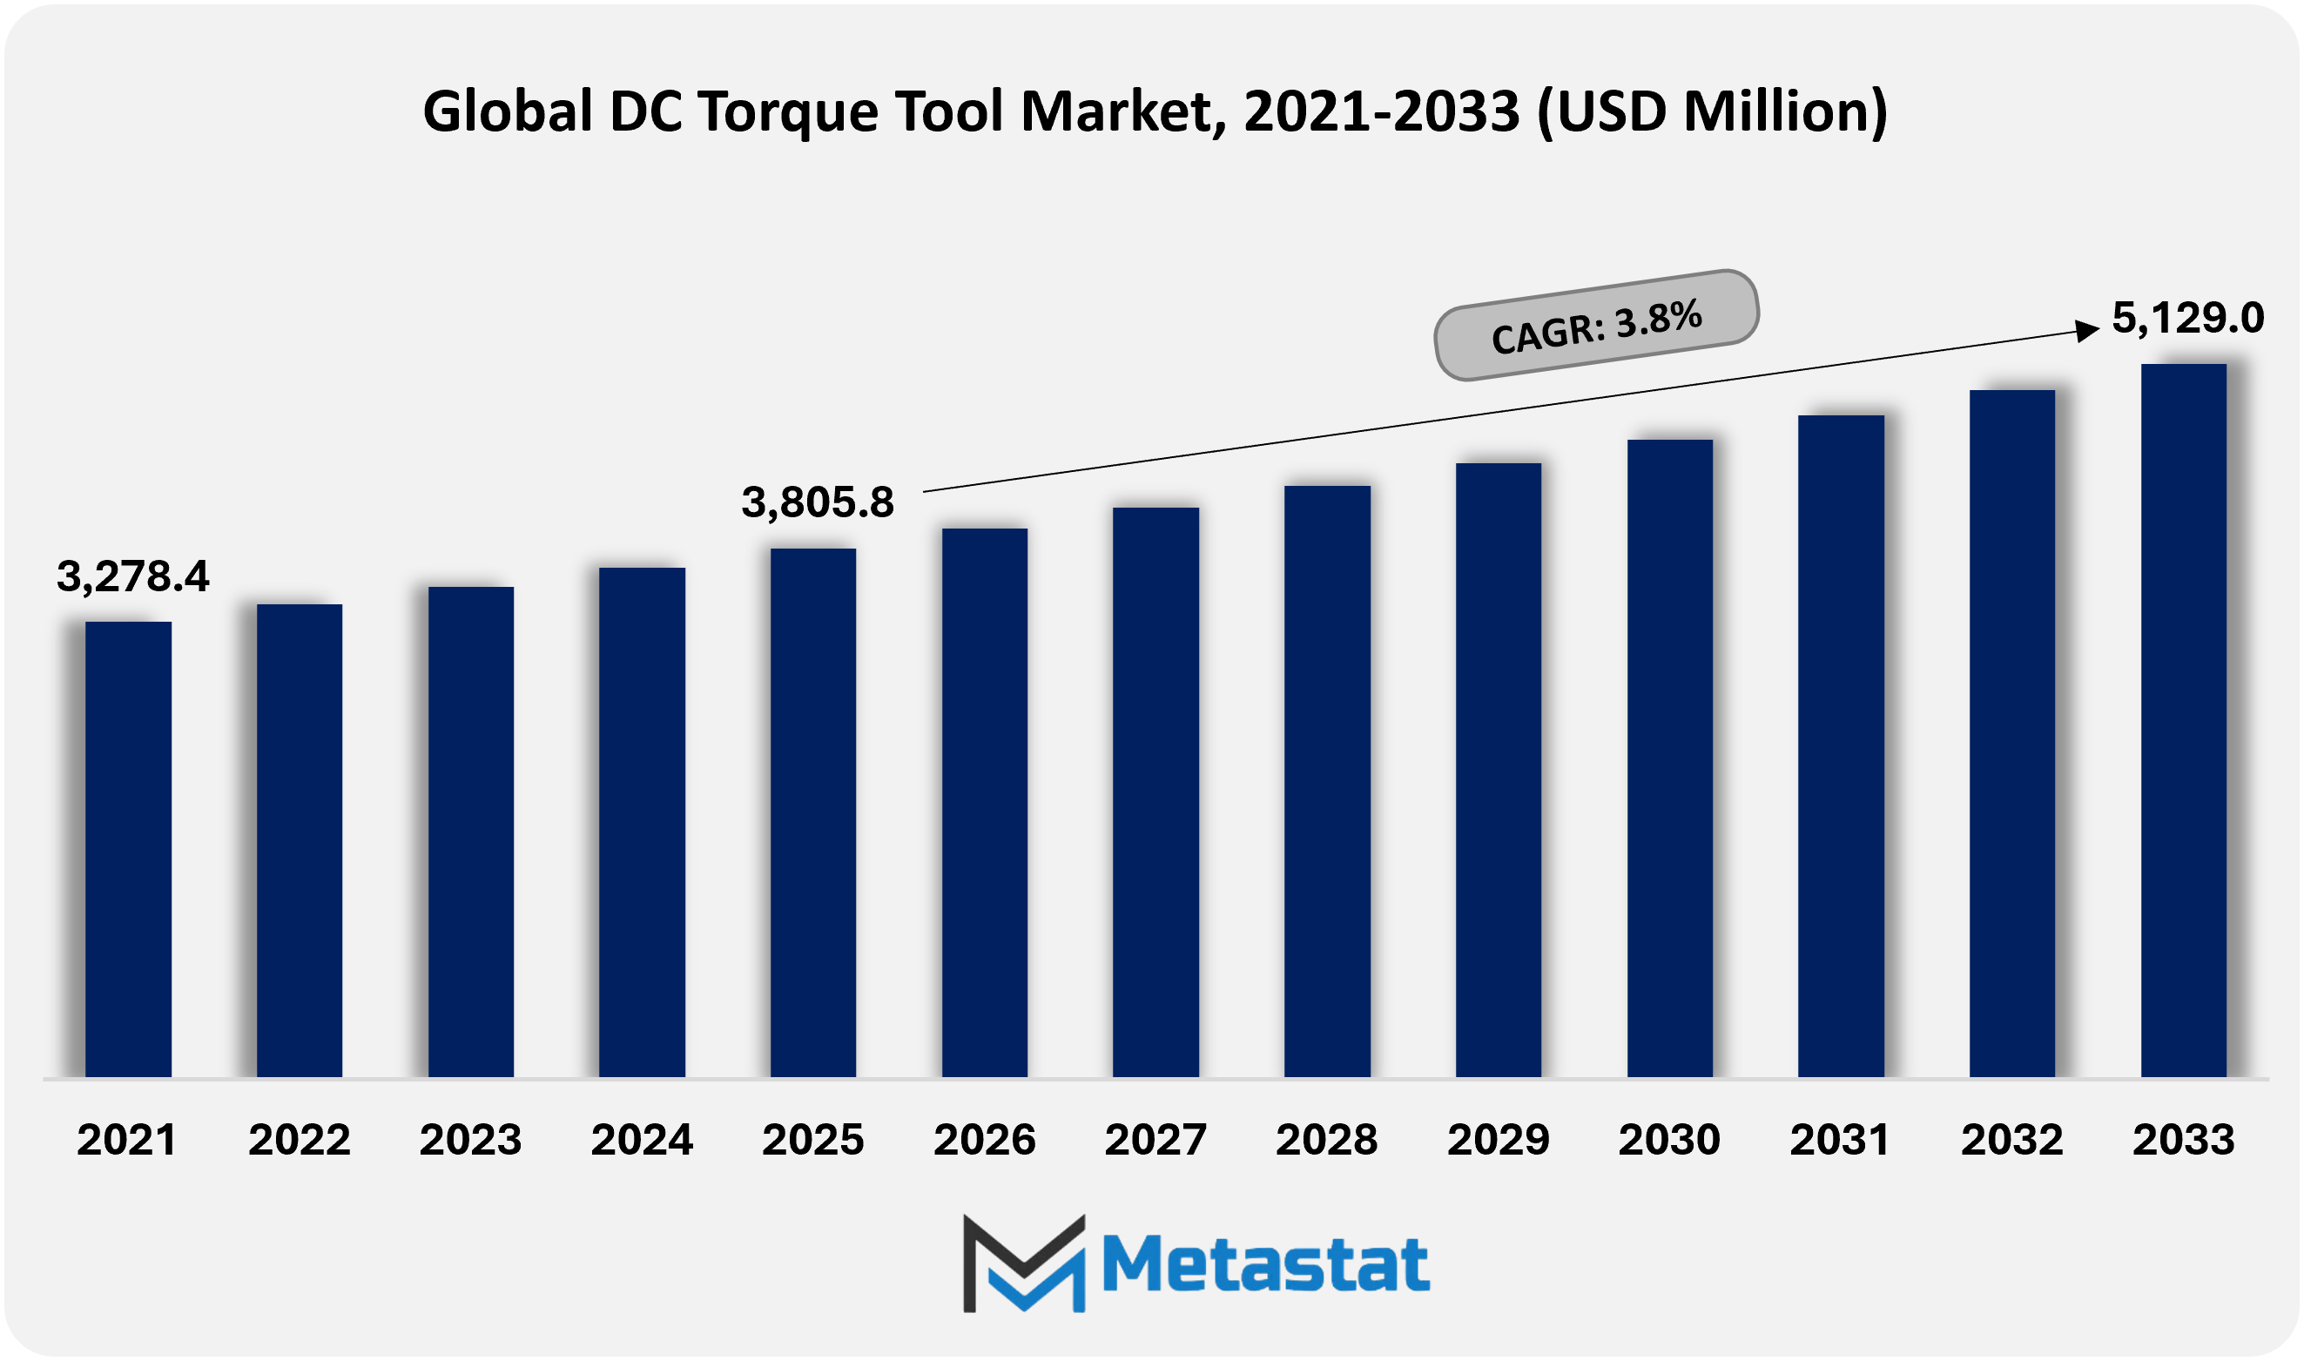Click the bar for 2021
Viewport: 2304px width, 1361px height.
[128, 848]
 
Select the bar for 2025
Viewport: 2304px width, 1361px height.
[813, 812]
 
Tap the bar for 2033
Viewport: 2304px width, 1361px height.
[2183, 720]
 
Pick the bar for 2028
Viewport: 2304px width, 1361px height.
[1327, 780]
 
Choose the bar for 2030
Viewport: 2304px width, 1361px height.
[1669, 758]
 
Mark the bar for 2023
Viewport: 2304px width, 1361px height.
[470, 831]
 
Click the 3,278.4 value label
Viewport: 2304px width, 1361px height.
[133, 576]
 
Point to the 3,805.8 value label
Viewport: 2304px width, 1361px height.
[817, 502]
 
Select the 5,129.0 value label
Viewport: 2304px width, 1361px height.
[2187, 318]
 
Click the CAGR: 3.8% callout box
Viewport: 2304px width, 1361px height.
[1596, 326]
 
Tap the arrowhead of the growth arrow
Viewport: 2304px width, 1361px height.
[2089, 330]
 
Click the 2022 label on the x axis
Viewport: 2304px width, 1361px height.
[299, 1140]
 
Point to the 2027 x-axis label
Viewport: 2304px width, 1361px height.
[1155, 1140]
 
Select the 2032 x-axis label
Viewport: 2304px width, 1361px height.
[2011, 1140]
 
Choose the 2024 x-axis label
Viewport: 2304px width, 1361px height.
[642, 1140]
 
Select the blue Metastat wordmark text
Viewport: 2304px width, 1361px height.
[1265, 1264]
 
